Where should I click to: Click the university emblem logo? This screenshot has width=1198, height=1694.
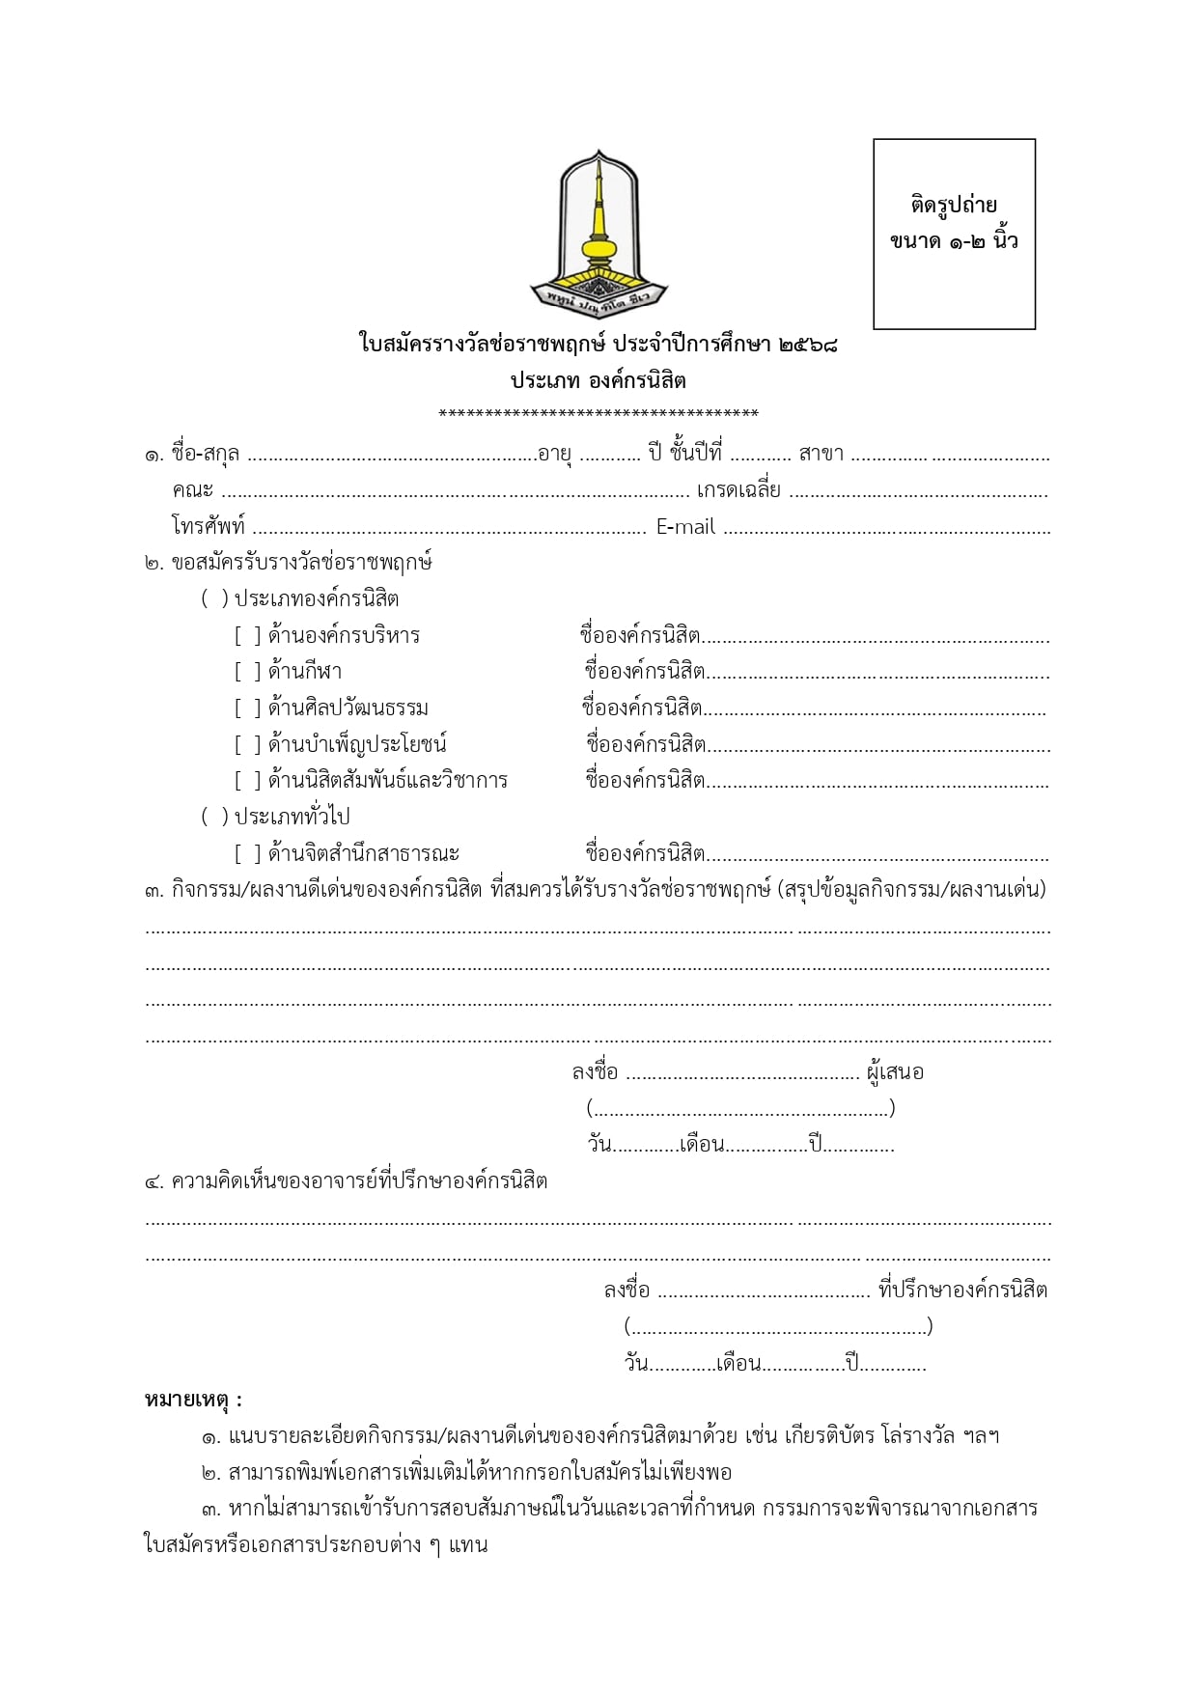tap(599, 232)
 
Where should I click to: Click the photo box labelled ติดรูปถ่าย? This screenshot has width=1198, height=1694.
tap(954, 234)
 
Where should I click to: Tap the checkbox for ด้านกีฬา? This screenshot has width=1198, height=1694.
tap(247, 672)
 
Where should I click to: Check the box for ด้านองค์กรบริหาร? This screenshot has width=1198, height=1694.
tap(247, 636)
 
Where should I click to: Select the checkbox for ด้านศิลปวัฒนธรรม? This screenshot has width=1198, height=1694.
tap(247, 708)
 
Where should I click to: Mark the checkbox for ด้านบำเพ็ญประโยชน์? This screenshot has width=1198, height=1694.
tap(247, 745)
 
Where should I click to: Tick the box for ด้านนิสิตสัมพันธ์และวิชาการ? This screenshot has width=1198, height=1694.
tap(247, 781)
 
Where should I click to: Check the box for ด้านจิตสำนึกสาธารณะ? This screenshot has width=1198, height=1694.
tap(247, 854)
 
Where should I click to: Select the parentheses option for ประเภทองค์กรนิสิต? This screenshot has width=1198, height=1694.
tap(214, 599)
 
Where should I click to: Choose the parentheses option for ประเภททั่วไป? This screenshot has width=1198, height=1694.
tap(214, 818)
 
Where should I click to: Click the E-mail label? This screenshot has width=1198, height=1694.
tap(685, 527)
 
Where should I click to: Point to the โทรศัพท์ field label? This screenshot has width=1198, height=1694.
tap(209, 527)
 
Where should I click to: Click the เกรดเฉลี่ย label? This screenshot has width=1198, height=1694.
tap(738, 490)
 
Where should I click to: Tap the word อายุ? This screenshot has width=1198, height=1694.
tap(555, 454)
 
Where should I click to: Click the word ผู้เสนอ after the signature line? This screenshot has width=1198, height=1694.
tap(895, 1072)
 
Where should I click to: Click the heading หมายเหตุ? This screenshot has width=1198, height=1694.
tap(193, 1400)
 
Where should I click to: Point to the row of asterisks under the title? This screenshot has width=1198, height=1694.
tap(599, 415)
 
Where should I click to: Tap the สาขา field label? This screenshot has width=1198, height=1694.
tap(822, 454)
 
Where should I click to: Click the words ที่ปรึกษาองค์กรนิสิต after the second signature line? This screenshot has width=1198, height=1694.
tap(962, 1291)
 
